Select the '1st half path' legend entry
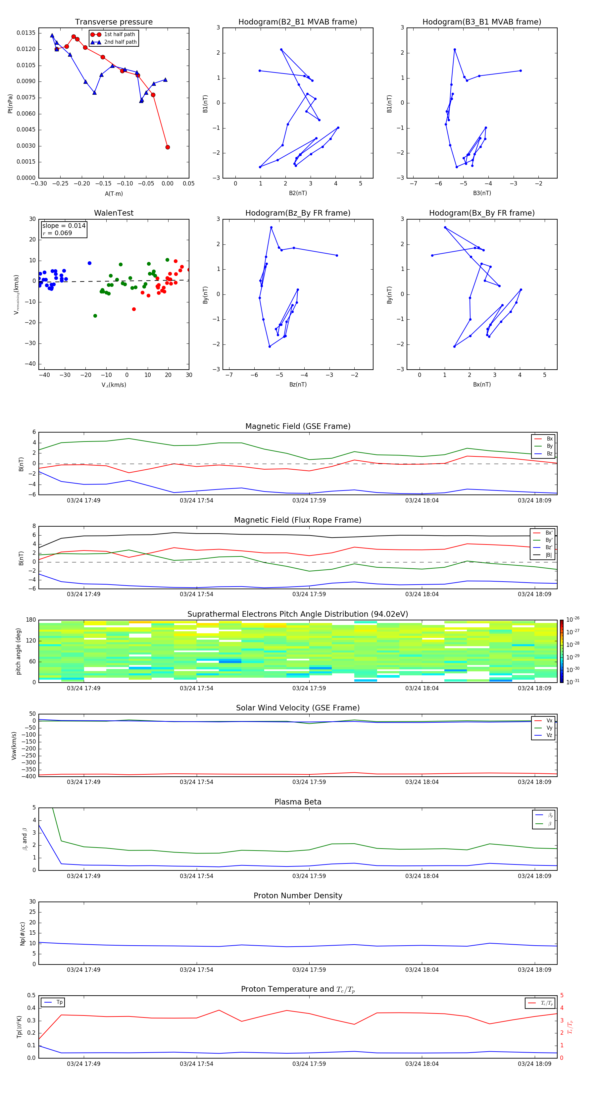click(119, 34)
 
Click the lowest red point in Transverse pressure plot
click(168, 147)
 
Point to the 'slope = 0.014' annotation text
click(64, 226)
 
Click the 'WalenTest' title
click(114, 213)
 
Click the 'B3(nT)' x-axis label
click(482, 193)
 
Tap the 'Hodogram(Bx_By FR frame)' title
click(481, 213)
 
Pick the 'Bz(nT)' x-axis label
click(298, 385)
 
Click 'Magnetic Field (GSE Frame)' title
click(298, 426)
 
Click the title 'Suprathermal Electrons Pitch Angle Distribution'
click(298, 614)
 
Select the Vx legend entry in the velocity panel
click(549, 720)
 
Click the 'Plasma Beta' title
click(298, 802)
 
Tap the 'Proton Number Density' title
click(298, 896)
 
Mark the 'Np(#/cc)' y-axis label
click(23, 933)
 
